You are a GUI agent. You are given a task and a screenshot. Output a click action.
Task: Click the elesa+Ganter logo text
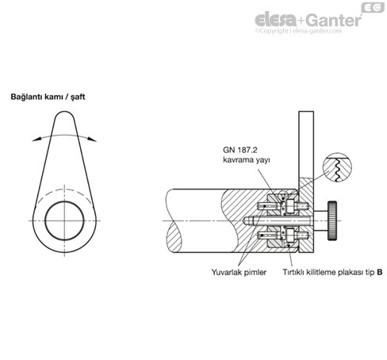point(308,20)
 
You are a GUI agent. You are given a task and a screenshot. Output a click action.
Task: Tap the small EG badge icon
point(373,7)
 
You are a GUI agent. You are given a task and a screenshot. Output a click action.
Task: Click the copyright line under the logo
point(298,31)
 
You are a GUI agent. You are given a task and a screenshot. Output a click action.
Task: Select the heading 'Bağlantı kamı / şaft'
point(48,97)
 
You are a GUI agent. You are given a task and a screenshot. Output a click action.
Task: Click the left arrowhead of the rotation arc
point(36,139)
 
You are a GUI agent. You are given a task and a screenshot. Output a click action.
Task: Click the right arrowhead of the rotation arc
point(92,139)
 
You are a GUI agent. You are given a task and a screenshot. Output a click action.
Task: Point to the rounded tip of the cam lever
point(64,113)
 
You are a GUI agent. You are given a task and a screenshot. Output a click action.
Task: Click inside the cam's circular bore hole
point(64,220)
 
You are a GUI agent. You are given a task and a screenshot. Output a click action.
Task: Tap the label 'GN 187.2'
point(240,150)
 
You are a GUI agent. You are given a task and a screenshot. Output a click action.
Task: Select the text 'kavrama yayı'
point(247,160)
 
